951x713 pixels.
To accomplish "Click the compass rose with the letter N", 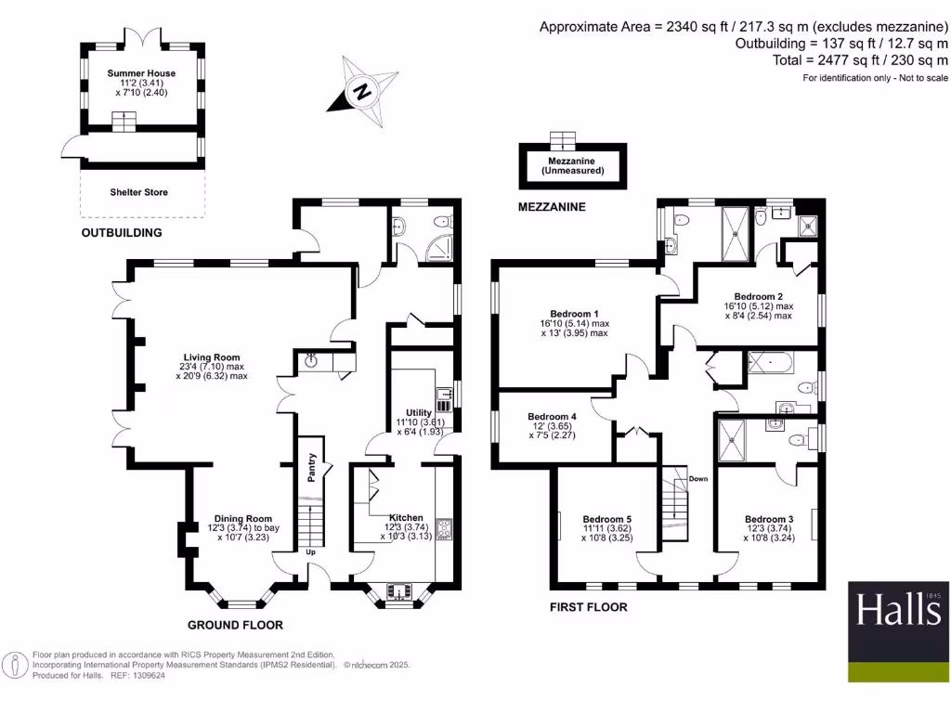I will tap(362, 91).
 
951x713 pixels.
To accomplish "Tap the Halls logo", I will tap(898, 632).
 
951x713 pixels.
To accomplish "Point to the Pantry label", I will tap(313, 467).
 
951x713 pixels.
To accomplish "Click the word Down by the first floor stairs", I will tap(698, 479).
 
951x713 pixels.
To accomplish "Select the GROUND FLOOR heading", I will tap(235, 625).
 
